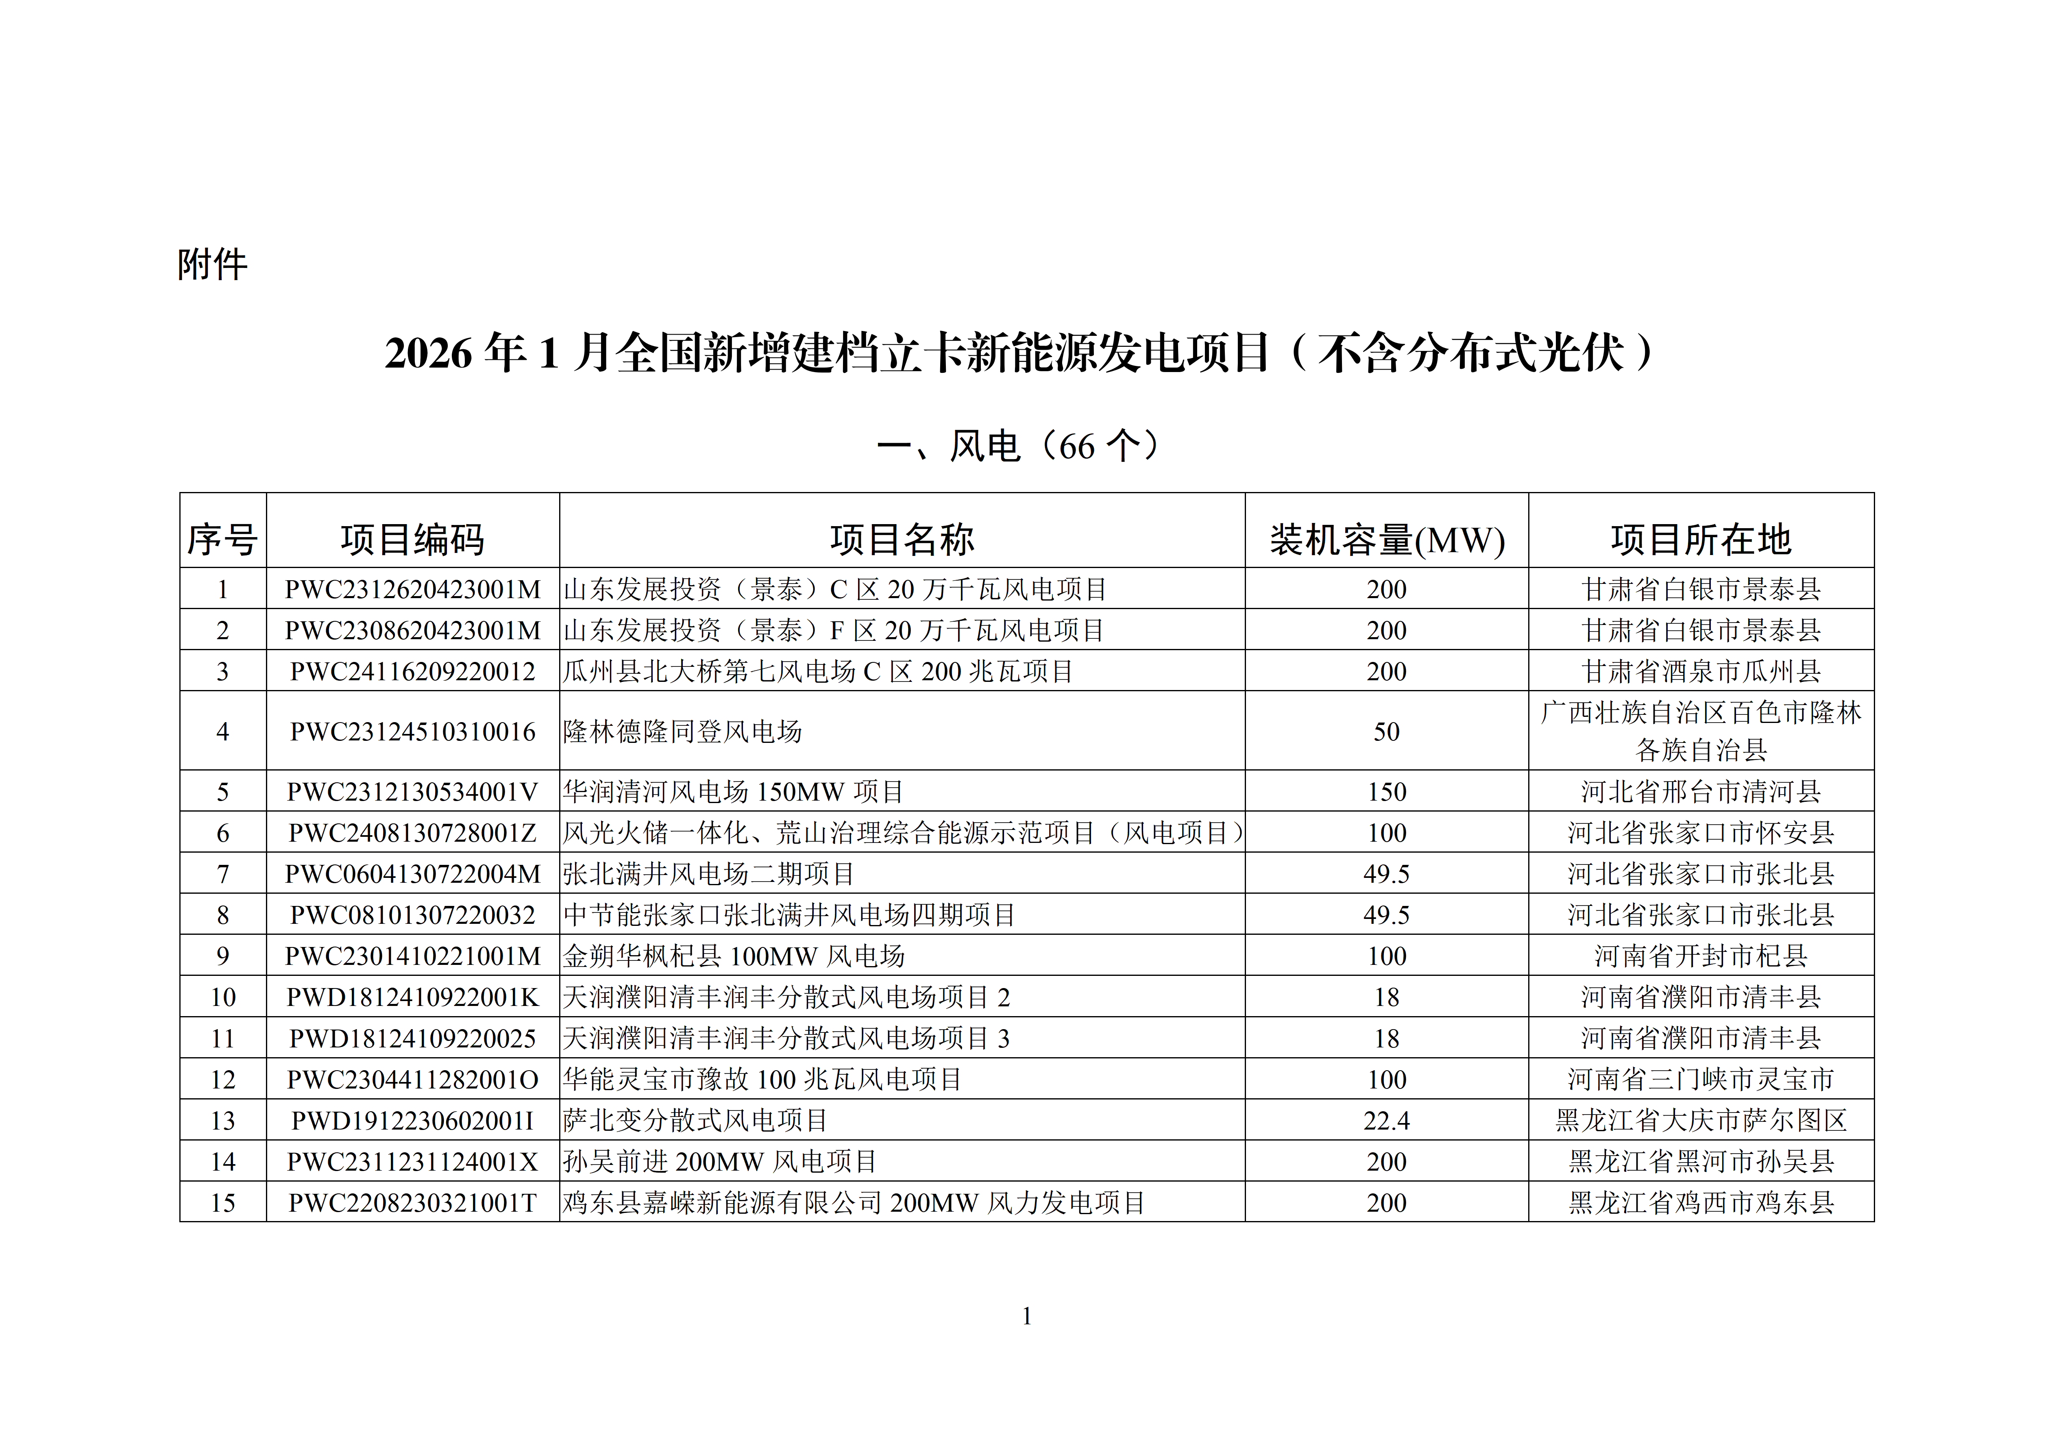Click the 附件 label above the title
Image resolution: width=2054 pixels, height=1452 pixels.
[x=212, y=265]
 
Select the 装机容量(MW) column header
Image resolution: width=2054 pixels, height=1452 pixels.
[x=1387, y=540]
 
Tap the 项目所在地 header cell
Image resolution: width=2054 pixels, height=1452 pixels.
[x=1701, y=540]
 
